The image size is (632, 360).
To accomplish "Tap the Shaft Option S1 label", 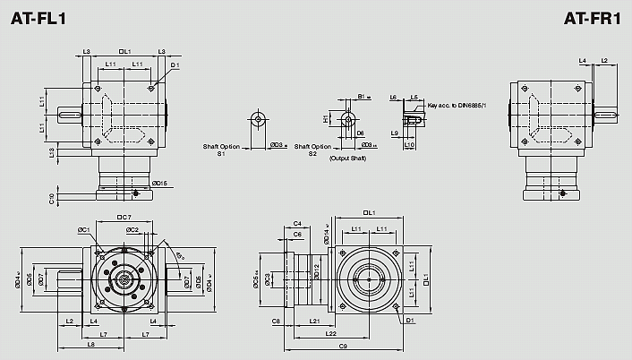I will [220, 149].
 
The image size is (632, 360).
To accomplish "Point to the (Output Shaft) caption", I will [347, 159].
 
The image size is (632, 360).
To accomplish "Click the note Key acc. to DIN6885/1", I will [457, 105].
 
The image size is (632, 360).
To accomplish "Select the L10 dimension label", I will [409, 143].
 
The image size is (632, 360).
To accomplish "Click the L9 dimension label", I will [395, 133].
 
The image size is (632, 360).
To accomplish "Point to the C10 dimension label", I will [53, 195].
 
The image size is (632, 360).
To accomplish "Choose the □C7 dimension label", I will [124, 218].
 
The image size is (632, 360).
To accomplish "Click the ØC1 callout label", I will [83, 230].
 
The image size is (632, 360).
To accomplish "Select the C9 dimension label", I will [343, 346].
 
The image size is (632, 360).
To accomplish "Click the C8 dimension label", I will [277, 320].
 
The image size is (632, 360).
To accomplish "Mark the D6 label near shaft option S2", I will [360, 133].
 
